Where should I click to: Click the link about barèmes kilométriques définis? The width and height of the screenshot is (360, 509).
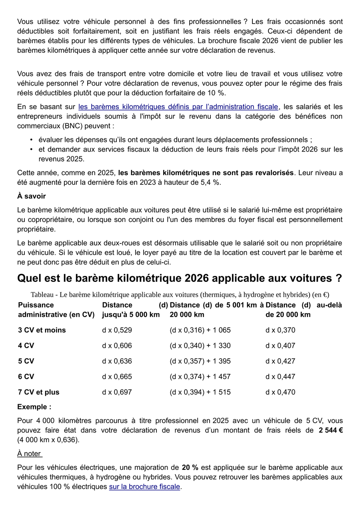(178, 107)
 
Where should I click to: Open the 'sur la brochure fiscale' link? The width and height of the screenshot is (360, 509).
(144, 487)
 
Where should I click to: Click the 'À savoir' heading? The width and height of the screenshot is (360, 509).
(32, 196)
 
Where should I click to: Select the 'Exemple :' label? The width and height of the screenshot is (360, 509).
(34, 407)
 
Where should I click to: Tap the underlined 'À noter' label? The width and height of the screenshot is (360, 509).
(30, 453)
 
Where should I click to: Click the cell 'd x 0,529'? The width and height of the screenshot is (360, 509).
(117, 330)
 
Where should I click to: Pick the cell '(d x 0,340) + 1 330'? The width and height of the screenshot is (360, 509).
(200, 346)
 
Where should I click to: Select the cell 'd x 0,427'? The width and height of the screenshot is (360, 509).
(280, 361)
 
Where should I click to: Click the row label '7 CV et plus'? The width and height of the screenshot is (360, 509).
(38, 392)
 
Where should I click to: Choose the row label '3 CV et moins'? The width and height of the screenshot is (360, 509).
(42, 330)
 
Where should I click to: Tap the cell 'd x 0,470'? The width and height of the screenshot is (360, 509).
(280, 392)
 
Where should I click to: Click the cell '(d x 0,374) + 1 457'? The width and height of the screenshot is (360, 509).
(200, 377)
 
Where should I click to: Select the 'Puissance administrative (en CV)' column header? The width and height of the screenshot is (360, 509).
(56, 310)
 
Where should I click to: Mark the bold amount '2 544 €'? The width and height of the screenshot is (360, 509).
(330, 431)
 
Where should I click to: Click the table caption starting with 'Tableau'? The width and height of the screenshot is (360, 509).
(180, 295)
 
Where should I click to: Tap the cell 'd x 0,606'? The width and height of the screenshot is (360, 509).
(117, 346)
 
